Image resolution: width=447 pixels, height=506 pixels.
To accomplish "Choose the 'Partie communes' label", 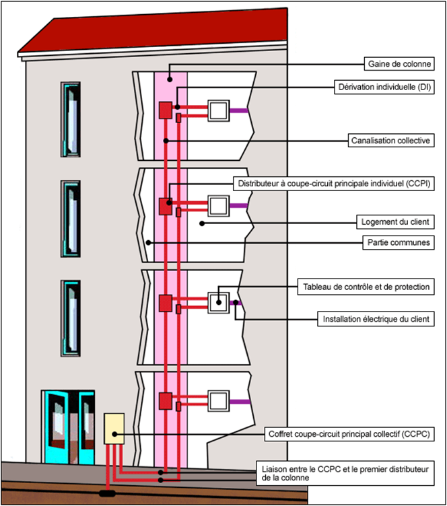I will click(x=399, y=242).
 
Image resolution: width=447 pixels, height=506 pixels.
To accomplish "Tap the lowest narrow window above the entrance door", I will click(x=70, y=312).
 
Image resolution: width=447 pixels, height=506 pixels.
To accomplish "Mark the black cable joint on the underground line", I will click(x=106, y=493).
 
